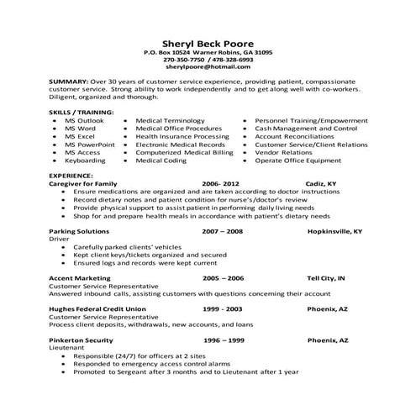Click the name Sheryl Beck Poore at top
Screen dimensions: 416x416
pos(208,45)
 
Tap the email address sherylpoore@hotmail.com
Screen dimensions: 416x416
pos(208,69)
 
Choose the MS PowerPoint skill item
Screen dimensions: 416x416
pos(87,145)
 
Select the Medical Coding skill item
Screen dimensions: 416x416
pos(161,161)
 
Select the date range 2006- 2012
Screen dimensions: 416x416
pos(221,183)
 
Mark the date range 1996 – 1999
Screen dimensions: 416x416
pos(223,340)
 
